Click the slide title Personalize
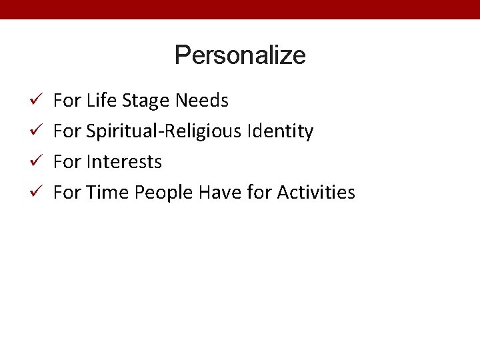pyautogui.click(x=240, y=55)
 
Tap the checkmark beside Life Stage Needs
pyautogui.click(x=38, y=101)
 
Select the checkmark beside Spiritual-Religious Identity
pyautogui.click(x=38, y=131)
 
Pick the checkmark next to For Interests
pyautogui.click(x=38, y=162)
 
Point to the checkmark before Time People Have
pyautogui.click(x=38, y=193)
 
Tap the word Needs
pyautogui.click(x=202, y=101)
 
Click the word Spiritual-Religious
pyautogui.click(x=165, y=132)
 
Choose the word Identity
pyautogui.click(x=280, y=132)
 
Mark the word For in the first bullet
pyautogui.click(x=66, y=101)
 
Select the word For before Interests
pyautogui.click(x=66, y=162)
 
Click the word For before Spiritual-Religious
pyautogui.click(x=66, y=131)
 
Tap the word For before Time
pyautogui.click(x=66, y=193)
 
